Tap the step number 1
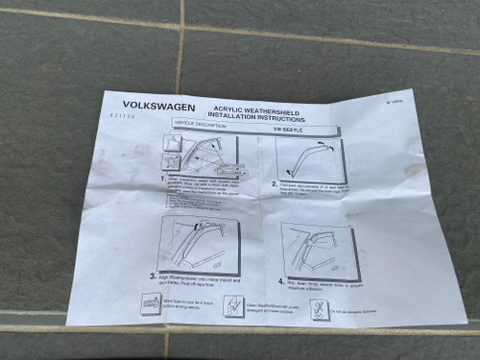[163, 180]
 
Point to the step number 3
[153, 276]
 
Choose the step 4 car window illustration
[322, 250]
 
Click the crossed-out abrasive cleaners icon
[321, 310]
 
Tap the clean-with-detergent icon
[233, 306]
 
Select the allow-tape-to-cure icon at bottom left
[151, 303]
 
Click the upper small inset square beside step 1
[173, 141]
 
